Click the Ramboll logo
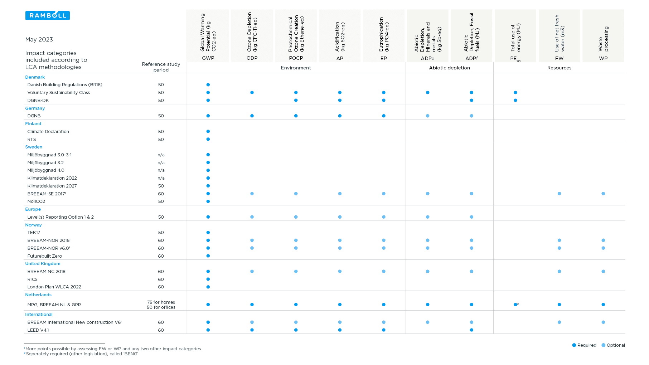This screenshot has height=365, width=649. [48, 15]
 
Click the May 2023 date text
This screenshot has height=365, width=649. [39, 39]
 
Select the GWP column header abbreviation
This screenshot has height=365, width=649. [208, 58]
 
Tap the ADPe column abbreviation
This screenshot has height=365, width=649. [427, 58]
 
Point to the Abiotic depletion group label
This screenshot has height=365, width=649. [449, 68]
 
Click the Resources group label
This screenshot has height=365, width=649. [559, 68]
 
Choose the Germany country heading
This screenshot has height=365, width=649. [35, 108]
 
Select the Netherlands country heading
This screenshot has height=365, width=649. [38, 295]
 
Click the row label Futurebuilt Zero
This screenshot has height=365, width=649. [45, 256]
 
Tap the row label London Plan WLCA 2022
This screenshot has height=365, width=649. [54, 287]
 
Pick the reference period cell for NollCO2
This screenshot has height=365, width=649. [161, 201]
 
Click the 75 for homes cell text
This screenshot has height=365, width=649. [161, 302]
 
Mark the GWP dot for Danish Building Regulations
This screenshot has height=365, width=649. [208, 85]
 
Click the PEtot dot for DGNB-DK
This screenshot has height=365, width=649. [515, 100]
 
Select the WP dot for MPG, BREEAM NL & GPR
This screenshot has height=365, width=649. [603, 305]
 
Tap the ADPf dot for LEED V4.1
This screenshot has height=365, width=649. [471, 330]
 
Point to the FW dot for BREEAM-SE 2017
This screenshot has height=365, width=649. [559, 194]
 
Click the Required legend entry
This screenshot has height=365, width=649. [584, 345]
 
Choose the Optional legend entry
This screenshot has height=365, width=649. [613, 345]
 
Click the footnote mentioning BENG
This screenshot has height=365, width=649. [81, 354]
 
